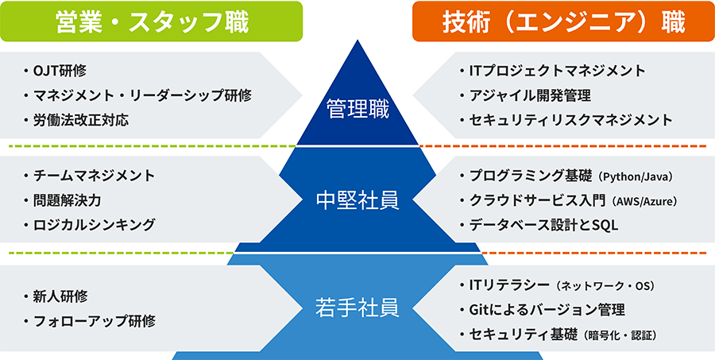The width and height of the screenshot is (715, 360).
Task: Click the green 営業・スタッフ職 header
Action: coord(151,21)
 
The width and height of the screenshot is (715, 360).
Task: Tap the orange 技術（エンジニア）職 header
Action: coord(562,21)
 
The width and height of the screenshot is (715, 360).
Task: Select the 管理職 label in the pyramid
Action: coord(357,109)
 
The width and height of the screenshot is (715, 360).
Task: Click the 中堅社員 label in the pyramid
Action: coord(357,199)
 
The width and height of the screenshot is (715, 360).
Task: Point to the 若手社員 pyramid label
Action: coord(357,304)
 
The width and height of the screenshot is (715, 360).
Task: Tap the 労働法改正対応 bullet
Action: coord(80,120)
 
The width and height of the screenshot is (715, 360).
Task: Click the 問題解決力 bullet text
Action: coord(67,199)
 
